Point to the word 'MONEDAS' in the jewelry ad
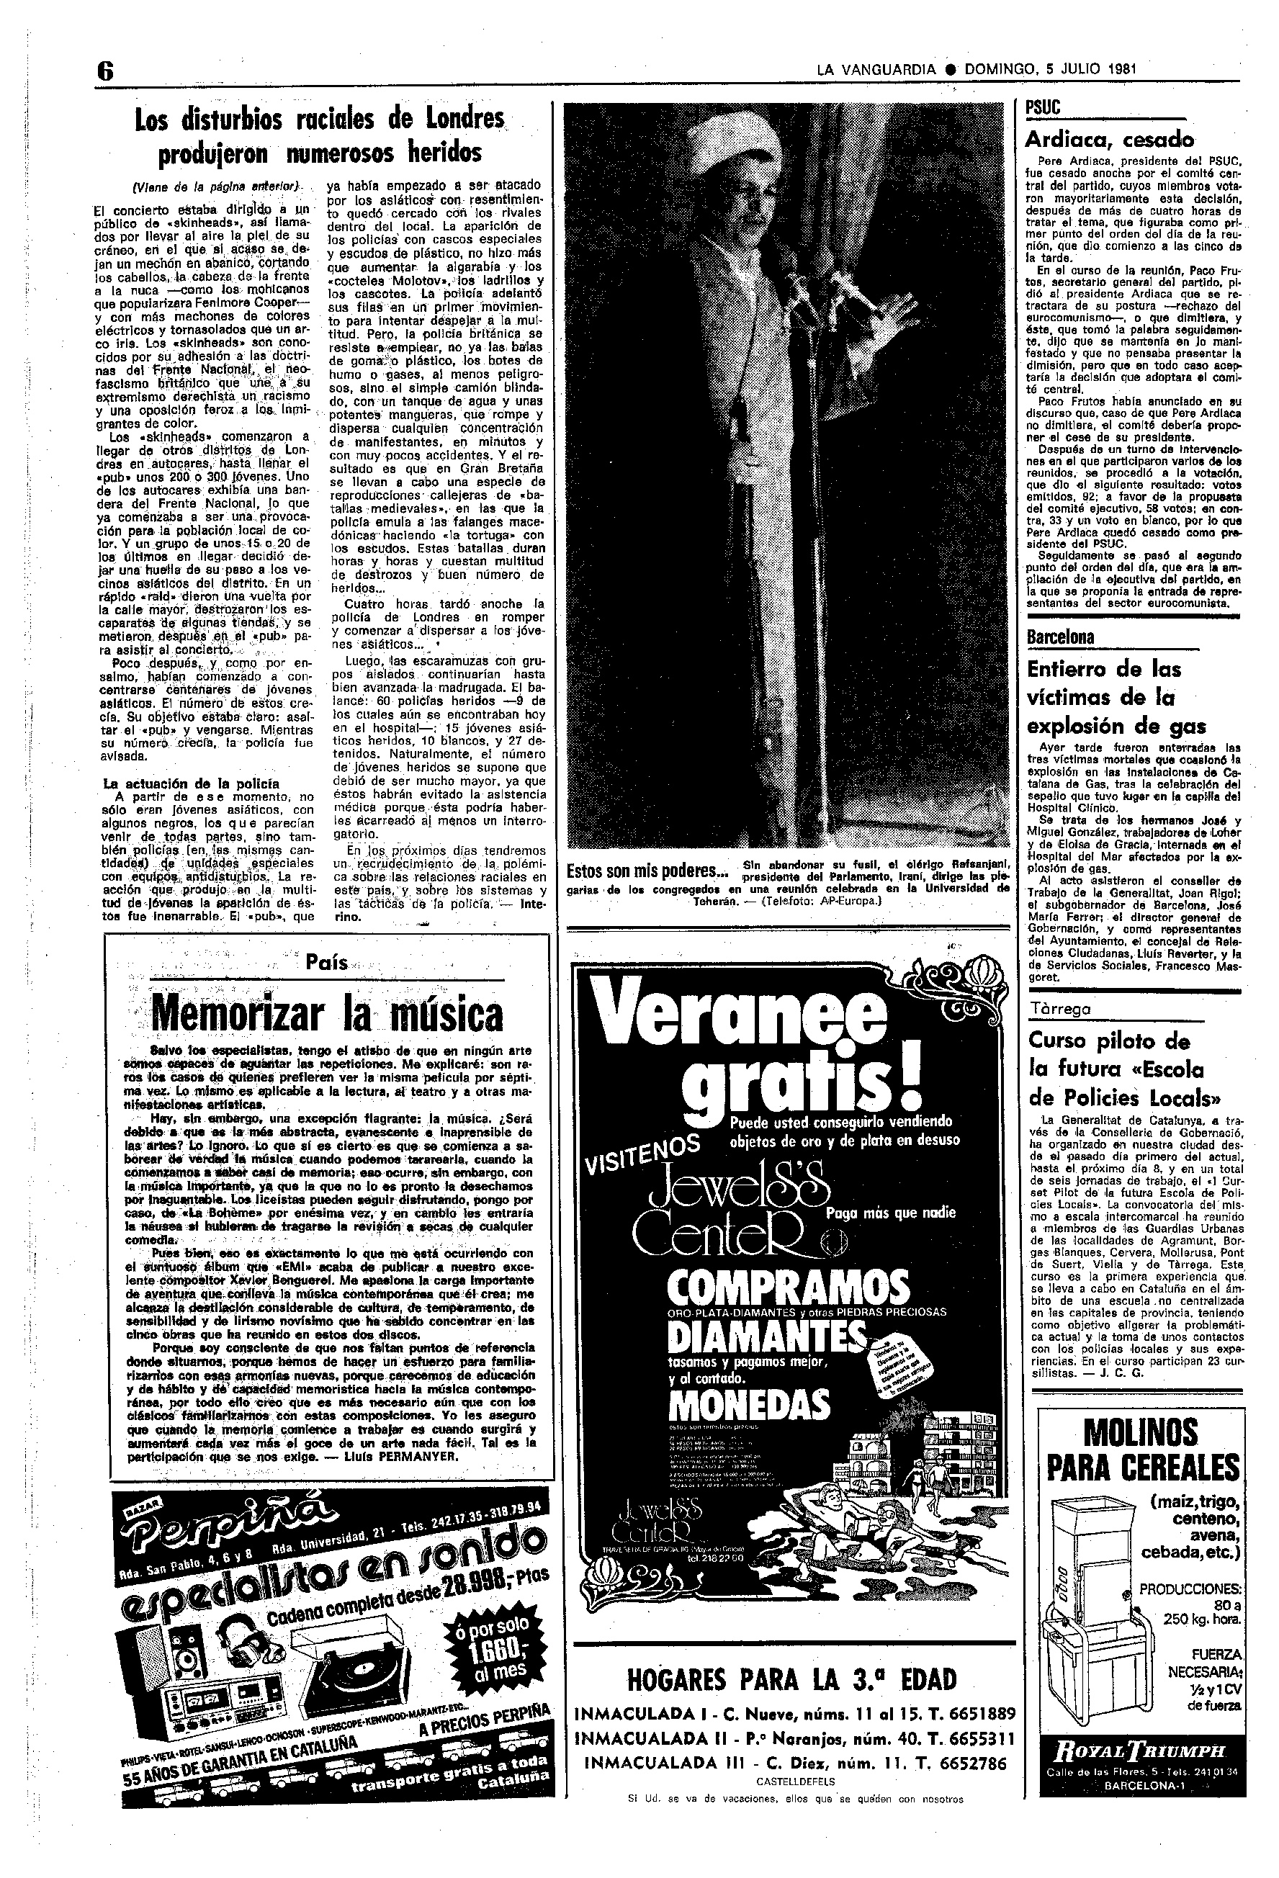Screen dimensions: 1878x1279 pos(749,1406)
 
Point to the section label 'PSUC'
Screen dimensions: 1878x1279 pos(1042,108)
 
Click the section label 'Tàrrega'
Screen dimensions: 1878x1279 pos(1060,1010)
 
